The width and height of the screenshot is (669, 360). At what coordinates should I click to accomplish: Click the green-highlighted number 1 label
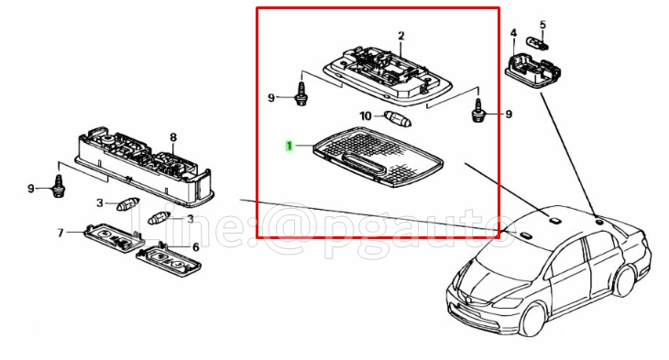tap(290, 146)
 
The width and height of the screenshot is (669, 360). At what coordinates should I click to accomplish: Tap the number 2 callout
tap(400, 36)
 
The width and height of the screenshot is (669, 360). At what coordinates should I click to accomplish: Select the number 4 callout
tap(513, 34)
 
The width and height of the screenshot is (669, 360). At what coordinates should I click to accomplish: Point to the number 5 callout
tap(543, 24)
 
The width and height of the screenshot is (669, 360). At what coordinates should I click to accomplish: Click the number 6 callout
tap(195, 246)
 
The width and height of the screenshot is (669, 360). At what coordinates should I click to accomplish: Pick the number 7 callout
tap(61, 233)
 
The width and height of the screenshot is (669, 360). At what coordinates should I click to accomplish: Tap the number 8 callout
tap(171, 137)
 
